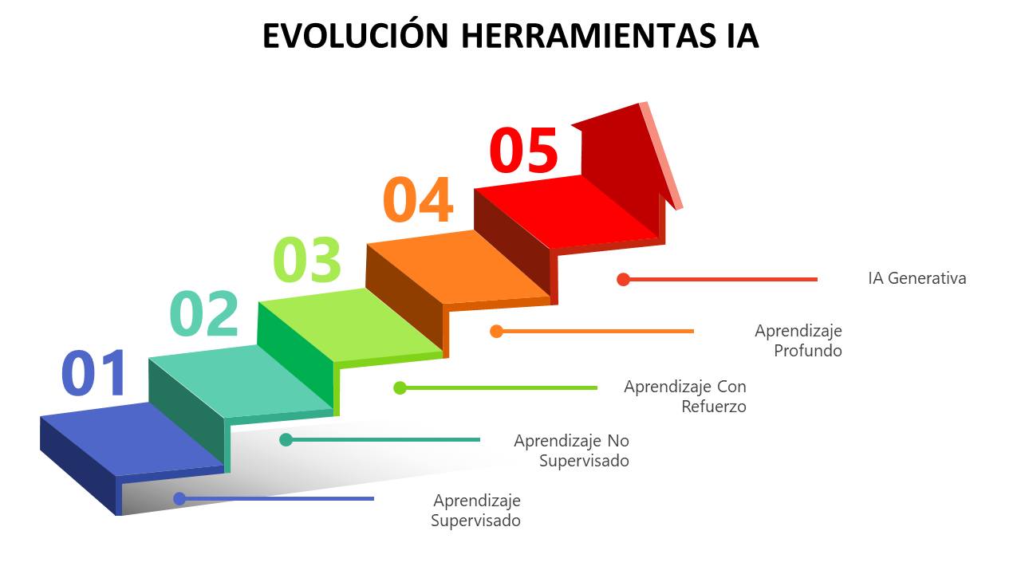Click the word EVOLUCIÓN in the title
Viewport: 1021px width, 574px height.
pyautogui.click(x=355, y=35)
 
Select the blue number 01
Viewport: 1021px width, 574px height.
pyautogui.click(x=93, y=373)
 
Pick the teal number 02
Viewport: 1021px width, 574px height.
pyautogui.click(x=204, y=313)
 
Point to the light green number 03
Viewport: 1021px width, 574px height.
pyautogui.click(x=307, y=260)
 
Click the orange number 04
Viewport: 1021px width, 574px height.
pyautogui.click(x=419, y=199)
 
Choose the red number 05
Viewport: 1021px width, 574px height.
pyautogui.click(x=524, y=150)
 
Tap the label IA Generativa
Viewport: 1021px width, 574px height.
pyautogui.click(x=917, y=278)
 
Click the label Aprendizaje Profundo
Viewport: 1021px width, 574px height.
pyautogui.click(x=798, y=340)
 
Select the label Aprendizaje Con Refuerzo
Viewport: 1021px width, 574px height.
pyautogui.click(x=685, y=396)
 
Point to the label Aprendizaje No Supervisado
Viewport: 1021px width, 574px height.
pyautogui.click(x=572, y=450)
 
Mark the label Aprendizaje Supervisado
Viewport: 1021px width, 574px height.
pyautogui.click(x=476, y=510)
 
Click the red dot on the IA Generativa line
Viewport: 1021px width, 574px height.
pyautogui.click(x=623, y=279)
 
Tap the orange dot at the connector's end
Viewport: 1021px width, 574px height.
pyautogui.click(x=496, y=331)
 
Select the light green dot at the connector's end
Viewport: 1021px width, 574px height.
pyautogui.click(x=400, y=387)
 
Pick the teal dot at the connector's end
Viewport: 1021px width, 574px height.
pyautogui.click(x=286, y=439)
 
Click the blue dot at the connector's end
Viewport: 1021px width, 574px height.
pyautogui.click(x=179, y=498)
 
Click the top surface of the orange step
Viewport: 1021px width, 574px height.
pyautogui.click(x=458, y=266)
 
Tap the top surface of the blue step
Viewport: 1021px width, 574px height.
pyautogui.click(x=132, y=439)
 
